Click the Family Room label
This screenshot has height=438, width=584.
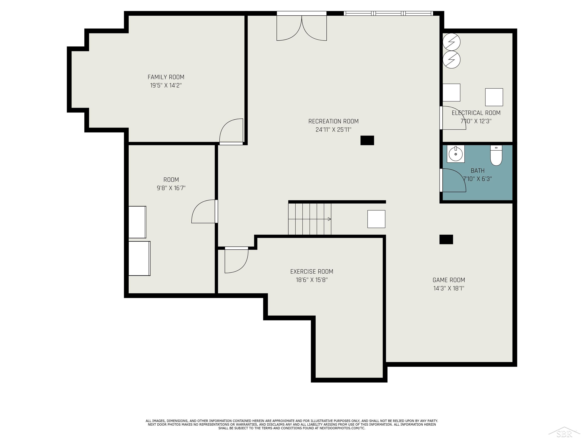166,77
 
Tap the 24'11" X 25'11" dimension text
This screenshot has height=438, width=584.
333,130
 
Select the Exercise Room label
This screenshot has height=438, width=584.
312,271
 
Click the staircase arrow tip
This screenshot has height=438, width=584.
331,219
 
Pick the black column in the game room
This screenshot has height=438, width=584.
446,240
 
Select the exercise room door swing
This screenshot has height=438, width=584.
236,261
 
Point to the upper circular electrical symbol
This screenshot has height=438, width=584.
451,42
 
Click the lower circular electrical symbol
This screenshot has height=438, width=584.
451,60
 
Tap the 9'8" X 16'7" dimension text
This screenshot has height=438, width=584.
171,188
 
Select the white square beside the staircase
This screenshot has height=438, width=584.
376,219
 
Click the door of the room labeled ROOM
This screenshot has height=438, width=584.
204,211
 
